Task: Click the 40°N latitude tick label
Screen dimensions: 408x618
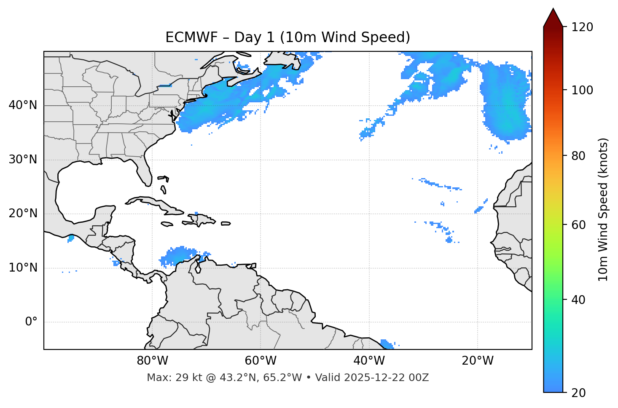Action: coord(23,105)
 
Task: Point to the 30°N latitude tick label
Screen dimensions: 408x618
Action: coord(23,160)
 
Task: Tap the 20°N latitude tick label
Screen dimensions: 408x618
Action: coord(23,213)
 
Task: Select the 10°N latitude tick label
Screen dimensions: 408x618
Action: coord(23,268)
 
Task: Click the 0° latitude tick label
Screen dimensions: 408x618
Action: coord(31,322)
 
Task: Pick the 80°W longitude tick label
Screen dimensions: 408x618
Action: coord(152,361)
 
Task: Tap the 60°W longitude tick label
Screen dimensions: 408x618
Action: coord(261,361)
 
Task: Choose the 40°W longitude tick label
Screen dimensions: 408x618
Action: coord(369,361)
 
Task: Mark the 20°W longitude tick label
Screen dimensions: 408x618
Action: coord(477,361)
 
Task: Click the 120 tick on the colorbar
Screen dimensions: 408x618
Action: coord(582,27)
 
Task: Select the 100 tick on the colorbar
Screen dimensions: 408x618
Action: coord(582,90)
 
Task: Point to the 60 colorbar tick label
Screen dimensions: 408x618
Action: coord(578,225)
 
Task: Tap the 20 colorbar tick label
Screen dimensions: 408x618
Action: coord(578,392)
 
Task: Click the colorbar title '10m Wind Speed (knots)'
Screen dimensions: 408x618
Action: coord(603,209)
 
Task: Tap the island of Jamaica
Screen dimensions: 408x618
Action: coord(167,224)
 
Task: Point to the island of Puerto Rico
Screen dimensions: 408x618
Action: coord(226,224)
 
